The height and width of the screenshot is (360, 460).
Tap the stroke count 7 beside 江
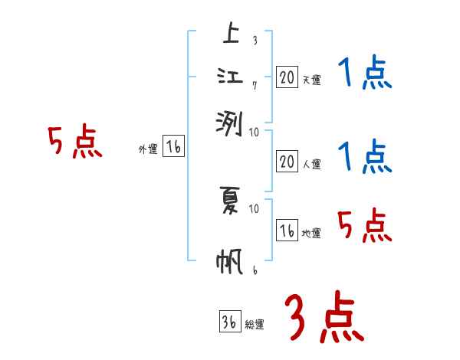(x=254, y=84)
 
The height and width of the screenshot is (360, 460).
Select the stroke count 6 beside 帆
(x=254, y=270)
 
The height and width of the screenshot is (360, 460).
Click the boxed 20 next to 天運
(x=287, y=77)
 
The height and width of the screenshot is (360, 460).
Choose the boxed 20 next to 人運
(x=287, y=162)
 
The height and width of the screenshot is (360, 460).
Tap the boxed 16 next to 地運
(x=287, y=231)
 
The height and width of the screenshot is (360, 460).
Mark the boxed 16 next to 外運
(x=173, y=148)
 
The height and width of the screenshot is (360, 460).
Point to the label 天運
(x=311, y=80)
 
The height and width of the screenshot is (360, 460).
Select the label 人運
(x=311, y=165)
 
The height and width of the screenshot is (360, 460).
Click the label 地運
(x=311, y=234)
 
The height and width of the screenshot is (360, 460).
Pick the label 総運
(x=255, y=324)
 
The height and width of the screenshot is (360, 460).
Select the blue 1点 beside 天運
(x=363, y=74)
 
